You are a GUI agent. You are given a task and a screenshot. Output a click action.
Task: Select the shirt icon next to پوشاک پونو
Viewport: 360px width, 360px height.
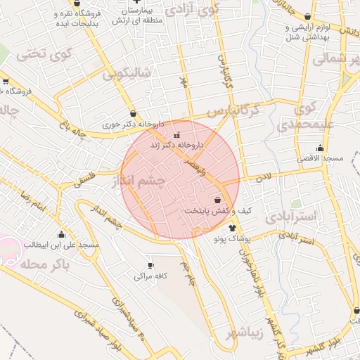pos(233,228)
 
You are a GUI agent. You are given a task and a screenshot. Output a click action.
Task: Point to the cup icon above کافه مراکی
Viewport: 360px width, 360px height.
pos(150,265)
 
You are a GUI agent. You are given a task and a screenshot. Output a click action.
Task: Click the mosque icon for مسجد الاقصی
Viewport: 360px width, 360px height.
pos(321,148)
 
